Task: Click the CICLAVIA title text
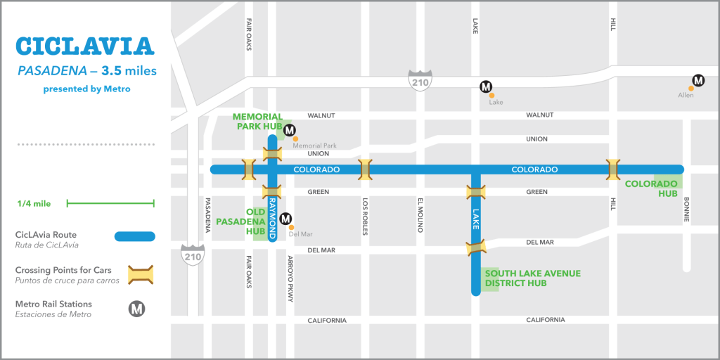pyautogui.click(x=84, y=46)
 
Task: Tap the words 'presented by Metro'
pyautogui.click(x=86, y=89)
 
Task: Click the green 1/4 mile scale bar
pyautogui.click(x=110, y=204)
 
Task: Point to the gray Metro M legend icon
pyautogui.click(x=137, y=309)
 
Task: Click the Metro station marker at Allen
pyautogui.click(x=698, y=81)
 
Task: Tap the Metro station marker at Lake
pyautogui.click(x=485, y=87)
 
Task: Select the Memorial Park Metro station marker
pyautogui.click(x=290, y=129)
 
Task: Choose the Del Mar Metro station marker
pyautogui.click(x=285, y=219)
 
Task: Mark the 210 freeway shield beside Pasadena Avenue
pyautogui.click(x=192, y=253)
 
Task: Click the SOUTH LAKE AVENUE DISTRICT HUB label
pyautogui.click(x=532, y=278)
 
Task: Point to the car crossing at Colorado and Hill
pyautogui.click(x=613, y=169)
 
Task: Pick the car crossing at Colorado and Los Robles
pyautogui.click(x=365, y=169)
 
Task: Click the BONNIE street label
pyautogui.click(x=686, y=210)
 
